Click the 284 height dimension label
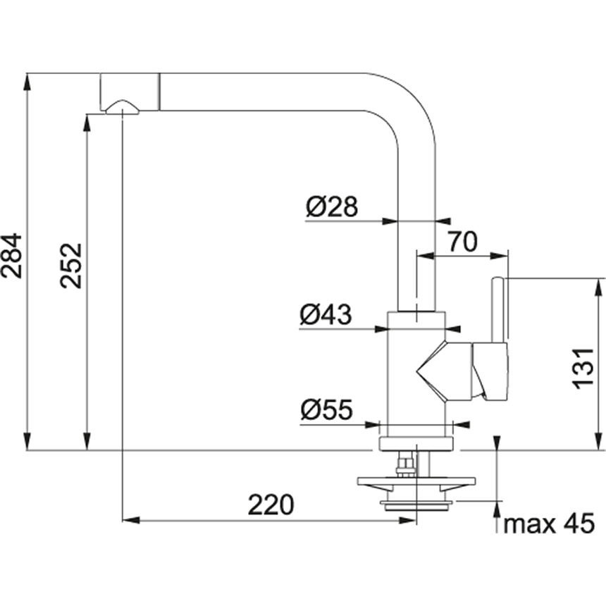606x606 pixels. (x=13, y=256)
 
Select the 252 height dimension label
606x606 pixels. (x=71, y=266)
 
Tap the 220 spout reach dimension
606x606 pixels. (x=270, y=505)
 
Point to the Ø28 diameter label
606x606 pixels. (x=332, y=207)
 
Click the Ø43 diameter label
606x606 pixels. (x=325, y=314)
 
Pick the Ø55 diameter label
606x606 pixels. (x=326, y=410)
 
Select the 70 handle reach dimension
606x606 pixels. (x=462, y=242)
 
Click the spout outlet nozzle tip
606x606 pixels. (x=122, y=107)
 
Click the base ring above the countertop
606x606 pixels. (x=418, y=443)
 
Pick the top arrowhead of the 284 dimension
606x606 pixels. (x=27, y=79)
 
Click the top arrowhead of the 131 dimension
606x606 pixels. (x=600, y=285)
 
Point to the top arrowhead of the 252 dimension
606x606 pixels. (x=87, y=121)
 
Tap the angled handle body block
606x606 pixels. (x=490, y=371)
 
